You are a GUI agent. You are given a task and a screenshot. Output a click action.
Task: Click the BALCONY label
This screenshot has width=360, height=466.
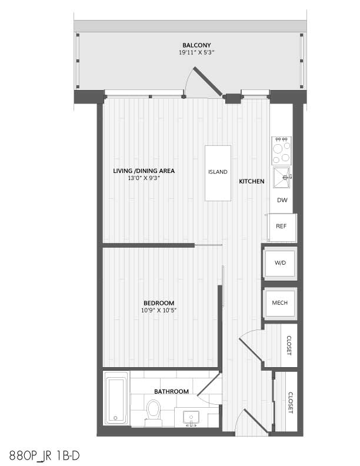click(196, 45)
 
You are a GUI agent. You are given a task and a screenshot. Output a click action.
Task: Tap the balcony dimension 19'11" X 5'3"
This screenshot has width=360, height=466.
click(196, 52)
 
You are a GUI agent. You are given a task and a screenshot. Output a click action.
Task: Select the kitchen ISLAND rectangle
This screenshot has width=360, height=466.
click(218, 173)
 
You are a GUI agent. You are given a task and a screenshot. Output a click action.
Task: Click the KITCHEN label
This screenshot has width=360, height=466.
click(252, 181)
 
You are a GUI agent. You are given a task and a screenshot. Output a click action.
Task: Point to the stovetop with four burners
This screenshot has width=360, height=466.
click(281, 151)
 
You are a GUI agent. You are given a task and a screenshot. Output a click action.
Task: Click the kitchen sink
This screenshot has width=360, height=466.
click(281, 178)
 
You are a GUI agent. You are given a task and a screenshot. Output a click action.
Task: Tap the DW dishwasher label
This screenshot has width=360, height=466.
click(282, 200)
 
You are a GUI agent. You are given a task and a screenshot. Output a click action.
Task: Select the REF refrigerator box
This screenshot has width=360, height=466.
click(282, 227)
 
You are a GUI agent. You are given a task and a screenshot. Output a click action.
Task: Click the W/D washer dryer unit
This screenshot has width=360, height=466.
click(280, 263)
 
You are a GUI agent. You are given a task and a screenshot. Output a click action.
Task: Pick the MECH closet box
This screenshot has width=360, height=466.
click(280, 303)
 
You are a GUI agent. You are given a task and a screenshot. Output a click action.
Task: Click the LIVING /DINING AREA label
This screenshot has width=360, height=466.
click(144, 171)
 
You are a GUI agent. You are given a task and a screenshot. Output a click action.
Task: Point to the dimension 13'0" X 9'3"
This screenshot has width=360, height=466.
click(144, 178)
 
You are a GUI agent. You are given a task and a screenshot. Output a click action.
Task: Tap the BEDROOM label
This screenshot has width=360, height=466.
click(159, 303)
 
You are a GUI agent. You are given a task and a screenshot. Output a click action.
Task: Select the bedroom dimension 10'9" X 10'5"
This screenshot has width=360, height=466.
click(159, 311)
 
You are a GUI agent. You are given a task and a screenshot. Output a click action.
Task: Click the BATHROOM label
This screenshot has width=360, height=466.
click(171, 391)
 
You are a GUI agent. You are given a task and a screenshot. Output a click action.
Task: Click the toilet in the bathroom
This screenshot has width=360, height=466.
click(154, 412)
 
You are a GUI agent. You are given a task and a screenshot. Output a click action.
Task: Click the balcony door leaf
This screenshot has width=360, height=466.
click(208, 81)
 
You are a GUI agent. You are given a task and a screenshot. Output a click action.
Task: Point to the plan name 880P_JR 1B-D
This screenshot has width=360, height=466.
click(45, 455)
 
